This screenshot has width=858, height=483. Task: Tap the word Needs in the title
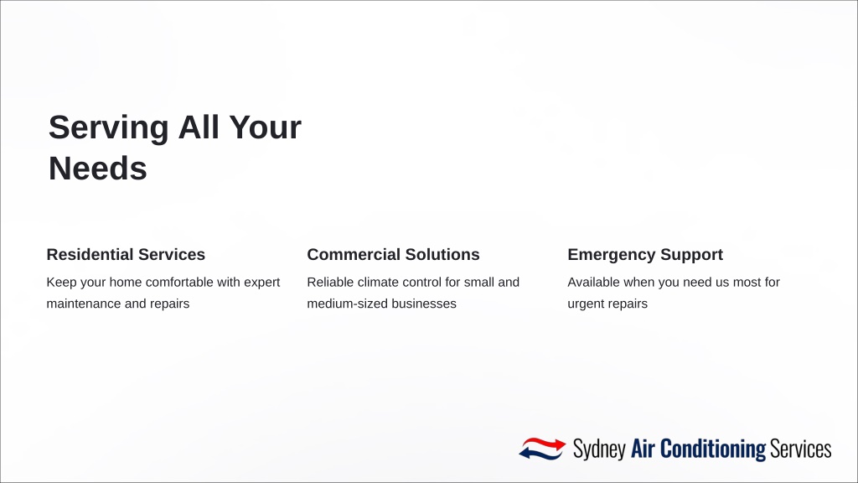coord(98,168)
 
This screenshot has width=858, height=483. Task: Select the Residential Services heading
coord(126,255)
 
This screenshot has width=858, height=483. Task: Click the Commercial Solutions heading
coord(393,255)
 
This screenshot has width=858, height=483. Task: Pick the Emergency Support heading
coord(645,255)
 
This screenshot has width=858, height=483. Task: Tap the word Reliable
coord(330,282)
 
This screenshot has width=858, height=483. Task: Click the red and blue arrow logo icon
coord(542,449)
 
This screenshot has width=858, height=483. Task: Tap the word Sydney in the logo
coord(599,449)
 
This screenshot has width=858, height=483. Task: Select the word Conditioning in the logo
coord(713,449)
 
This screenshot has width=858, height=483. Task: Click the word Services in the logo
coord(800,449)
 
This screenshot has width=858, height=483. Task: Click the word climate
coord(378,282)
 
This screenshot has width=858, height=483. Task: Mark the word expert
coord(261,283)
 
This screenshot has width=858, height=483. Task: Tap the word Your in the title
coord(265,127)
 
